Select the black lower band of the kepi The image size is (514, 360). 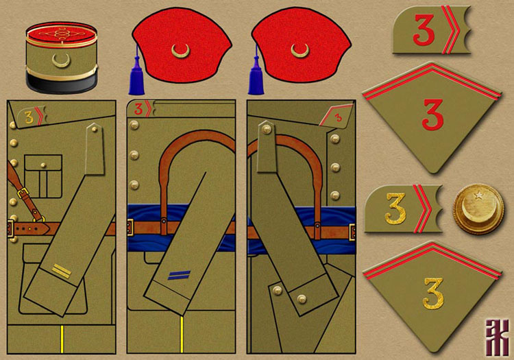[58, 84]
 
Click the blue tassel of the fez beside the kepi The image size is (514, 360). [134, 73]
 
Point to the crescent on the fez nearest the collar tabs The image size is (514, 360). [299, 49]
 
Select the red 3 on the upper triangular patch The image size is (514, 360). [432, 114]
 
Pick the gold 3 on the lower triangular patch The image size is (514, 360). [432, 292]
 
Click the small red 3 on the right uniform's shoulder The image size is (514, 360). [337, 117]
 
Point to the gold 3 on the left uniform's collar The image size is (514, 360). [28, 116]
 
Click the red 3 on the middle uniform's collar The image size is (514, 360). [139, 108]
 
